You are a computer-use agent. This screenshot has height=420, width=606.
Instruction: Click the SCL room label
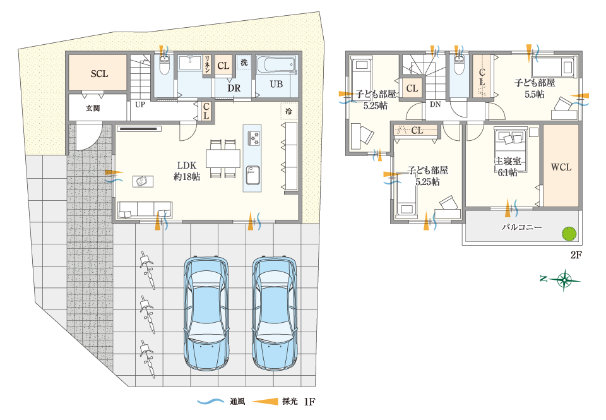(x=99, y=73)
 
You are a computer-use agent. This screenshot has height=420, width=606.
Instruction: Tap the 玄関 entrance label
(x=93, y=108)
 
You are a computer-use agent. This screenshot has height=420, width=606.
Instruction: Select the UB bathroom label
(x=276, y=84)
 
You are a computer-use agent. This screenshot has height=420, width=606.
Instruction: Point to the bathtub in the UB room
(x=276, y=64)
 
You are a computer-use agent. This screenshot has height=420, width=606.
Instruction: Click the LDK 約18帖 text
(x=187, y=171)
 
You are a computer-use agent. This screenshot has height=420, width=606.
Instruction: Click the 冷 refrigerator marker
(x=288, y=111)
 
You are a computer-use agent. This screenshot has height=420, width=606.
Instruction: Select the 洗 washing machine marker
(x=244, y=62)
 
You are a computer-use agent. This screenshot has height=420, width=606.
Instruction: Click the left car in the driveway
(x=206, y=313)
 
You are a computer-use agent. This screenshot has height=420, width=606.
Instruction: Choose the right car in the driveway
(x=275, y=313)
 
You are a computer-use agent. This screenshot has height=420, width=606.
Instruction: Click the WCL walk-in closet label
(x=561, y=167)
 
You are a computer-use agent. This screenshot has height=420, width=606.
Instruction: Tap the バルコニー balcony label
(x=521, y=227)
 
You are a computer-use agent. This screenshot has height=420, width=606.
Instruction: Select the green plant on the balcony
(x=569, y=234)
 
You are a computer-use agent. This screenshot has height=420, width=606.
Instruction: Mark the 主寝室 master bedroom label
(x=508, y=161)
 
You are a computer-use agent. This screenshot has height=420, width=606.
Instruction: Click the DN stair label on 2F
(x=435, y=104)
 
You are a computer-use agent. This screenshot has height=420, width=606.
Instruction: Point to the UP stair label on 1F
(x=140, y=104)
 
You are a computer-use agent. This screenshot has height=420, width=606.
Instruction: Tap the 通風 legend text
(x=237, y=402)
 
